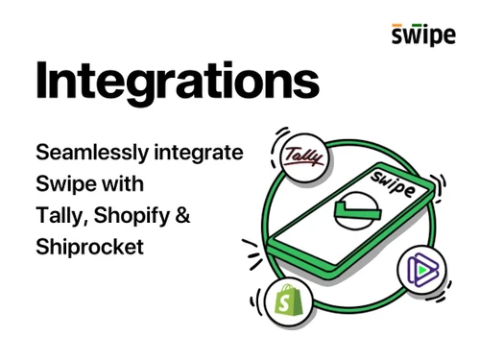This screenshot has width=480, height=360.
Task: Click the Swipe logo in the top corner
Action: [423, 36]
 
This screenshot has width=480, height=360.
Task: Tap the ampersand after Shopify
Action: [183, 214]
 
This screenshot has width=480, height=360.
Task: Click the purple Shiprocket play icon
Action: [420, 270]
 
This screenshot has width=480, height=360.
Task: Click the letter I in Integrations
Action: [42, 81]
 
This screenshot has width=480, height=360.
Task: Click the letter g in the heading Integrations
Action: [140, 88]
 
